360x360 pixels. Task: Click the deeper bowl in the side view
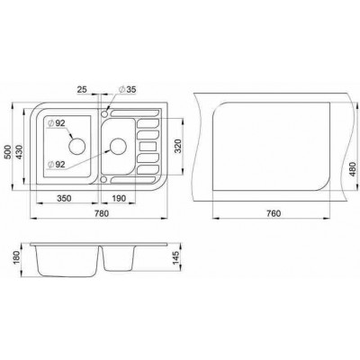pos(68,262)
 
